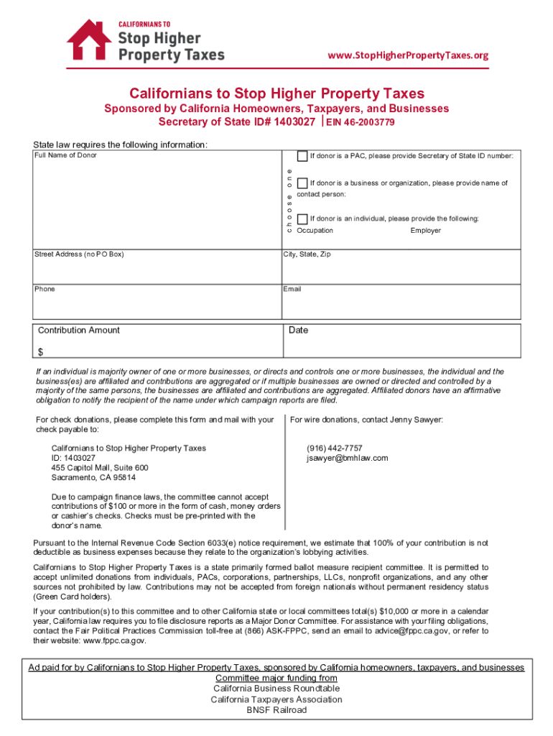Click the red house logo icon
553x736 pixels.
point(89,41)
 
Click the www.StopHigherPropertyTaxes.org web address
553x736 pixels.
point(408,55)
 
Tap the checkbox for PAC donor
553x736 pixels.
point(302,156)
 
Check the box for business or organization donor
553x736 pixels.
point(302,183)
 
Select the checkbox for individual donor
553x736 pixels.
point(302,218)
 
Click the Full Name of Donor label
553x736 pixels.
point(65,155)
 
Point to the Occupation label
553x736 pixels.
point(315,231)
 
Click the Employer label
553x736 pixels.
point(425,231)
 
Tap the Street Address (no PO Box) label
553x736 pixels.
point(79,254)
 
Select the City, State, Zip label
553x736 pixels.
point(307,254)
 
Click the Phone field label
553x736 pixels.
point(45,289)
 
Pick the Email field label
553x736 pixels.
point(292,289)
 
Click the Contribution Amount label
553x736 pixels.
point(79,331)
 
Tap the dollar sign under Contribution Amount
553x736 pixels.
point(40,352)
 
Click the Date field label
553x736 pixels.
point(298,331)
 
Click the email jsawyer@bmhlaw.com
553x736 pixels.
point(347,458)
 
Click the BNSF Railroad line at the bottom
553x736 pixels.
point(276,710)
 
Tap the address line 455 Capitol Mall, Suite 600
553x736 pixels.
point(100,468)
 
